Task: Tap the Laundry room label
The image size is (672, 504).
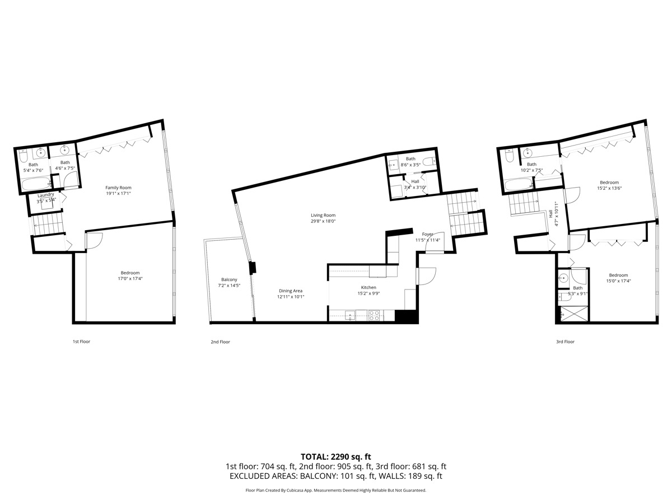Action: tap(46, 194)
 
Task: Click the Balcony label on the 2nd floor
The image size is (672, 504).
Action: tap(228, 279)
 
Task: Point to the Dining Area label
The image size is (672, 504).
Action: tap(291, 291)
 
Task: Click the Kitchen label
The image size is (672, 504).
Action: tap(368, 287)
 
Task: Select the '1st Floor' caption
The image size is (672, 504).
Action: tap(81, 342)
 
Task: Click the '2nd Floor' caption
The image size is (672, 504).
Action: tap(220, 342)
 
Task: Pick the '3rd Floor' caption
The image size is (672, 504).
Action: tap(565, 342)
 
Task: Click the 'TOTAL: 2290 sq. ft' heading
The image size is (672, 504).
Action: tap(336, 456)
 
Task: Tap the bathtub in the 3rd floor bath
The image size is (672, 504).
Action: tap(518, 184)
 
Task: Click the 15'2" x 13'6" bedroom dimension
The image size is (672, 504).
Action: tap(609, 188)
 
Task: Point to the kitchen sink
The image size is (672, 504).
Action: tap(351, 316)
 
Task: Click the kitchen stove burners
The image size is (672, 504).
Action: tap(374, 316)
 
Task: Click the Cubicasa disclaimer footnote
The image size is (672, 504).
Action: tap(336, 490)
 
